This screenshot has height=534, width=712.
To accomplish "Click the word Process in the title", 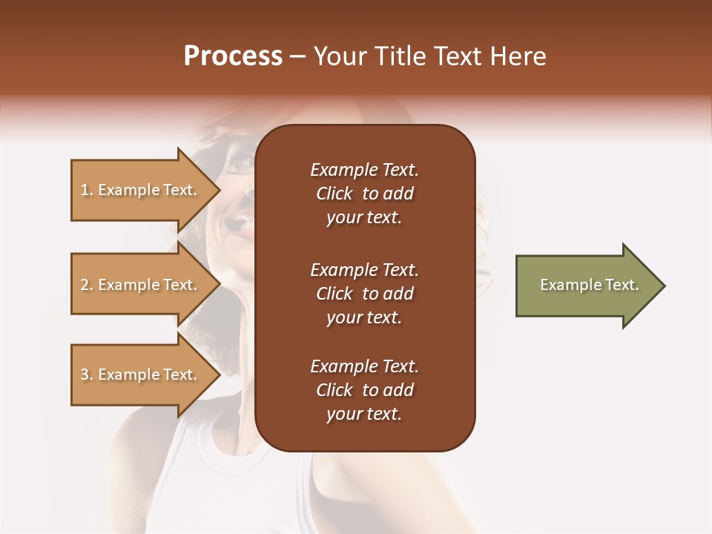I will point(233,56).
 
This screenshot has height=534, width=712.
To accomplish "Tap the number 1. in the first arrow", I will point(87,190).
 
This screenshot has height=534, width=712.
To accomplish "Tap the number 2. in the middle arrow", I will point(87,285).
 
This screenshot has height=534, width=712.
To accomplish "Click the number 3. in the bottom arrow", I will point(87,375).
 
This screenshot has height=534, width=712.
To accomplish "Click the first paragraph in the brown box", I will point(364,194).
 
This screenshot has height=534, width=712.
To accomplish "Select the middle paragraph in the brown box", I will point(364,294).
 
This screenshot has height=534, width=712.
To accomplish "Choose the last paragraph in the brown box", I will point(364,390).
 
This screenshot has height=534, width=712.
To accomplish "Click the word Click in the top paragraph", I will point(334,194).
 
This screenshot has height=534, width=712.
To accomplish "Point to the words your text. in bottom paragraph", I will point(364,414).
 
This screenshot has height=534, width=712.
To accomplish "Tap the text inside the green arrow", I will point(590,285).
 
